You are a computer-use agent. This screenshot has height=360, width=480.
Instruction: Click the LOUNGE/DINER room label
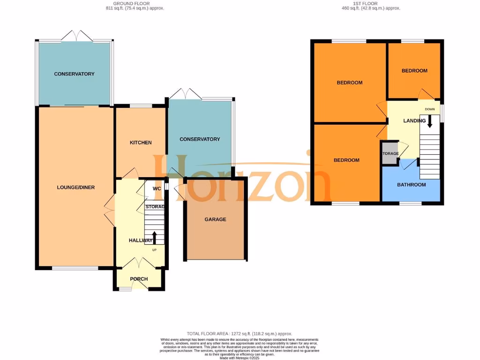(76, 187)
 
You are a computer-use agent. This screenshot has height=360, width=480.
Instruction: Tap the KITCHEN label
(141, 142)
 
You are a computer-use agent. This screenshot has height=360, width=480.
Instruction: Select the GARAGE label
(216, 219)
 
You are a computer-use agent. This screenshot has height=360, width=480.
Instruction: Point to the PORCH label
(139, 279)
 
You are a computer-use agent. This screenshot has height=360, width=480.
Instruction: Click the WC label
(157, 188)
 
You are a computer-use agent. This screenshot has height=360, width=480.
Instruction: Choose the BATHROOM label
(412, 185)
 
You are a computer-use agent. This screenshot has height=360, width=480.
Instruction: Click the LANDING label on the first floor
(414, 121)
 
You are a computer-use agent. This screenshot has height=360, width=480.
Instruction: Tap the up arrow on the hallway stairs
(154, 236)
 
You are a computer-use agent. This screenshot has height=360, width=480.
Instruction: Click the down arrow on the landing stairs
(429, 122)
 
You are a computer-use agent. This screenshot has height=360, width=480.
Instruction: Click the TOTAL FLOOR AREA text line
(240, 334)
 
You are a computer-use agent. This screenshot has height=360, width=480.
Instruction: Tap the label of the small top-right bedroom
(414, 71)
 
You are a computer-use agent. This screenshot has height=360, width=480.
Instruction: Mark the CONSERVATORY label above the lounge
(74, 74)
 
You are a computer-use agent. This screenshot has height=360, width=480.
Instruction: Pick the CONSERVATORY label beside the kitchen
(200, 139)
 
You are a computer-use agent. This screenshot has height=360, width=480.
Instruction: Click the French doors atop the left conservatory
(75, 37)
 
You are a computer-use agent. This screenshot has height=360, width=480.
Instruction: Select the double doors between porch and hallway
(139, 262)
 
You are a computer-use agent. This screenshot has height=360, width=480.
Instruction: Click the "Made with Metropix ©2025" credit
(240, 358)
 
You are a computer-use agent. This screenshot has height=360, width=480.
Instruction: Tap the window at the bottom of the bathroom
(410, 203)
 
